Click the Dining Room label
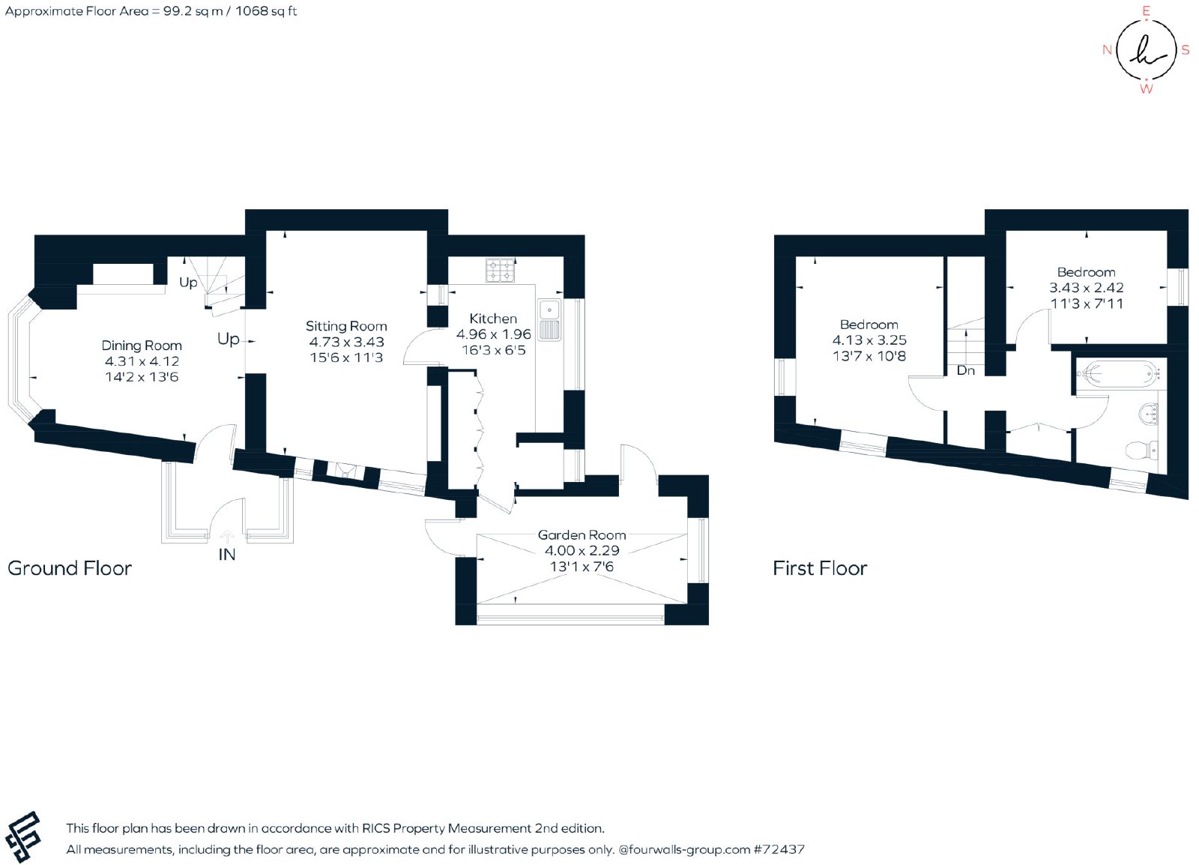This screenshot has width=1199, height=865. (x=142, y=346)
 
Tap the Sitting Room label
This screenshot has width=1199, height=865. (x=346, y=326)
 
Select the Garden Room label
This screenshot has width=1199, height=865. (x=582, y=534)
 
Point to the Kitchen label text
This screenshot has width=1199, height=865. (x=493, y=319)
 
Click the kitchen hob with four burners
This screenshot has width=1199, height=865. (x=500, y=271)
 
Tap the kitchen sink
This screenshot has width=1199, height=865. (x=549, y=319)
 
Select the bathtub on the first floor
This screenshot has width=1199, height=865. (x=1120, y=373)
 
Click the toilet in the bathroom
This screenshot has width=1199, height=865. (x=1142, y=450)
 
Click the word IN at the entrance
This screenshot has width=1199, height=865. (x=227, y=555)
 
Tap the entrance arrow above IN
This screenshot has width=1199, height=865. (x=227, y=537)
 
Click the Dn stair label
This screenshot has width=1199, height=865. (x=966, y=370)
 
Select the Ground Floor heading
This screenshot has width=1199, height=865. (x=70, y=568)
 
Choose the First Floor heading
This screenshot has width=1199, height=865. (x=820, y=568)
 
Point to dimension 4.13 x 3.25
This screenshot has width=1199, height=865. (x=869, y=340)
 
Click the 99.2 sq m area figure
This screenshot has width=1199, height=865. (x=193, y=11)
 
